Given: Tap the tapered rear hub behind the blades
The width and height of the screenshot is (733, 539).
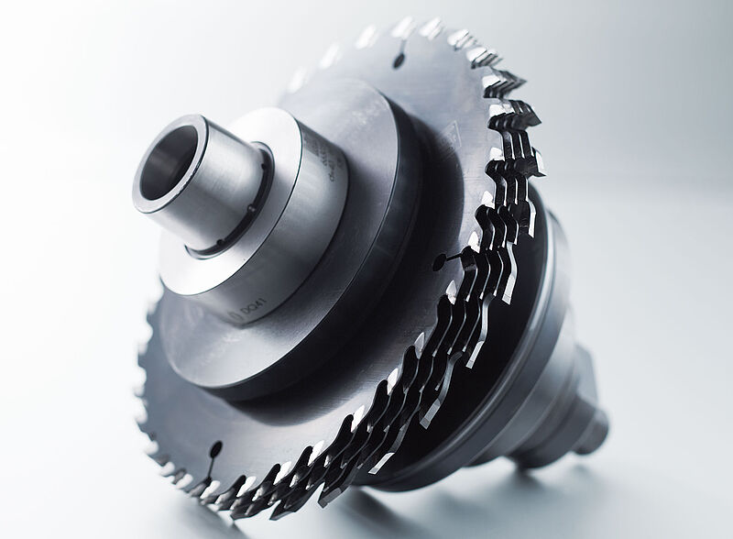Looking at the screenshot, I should pyautogui.click(x=559, y=367).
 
